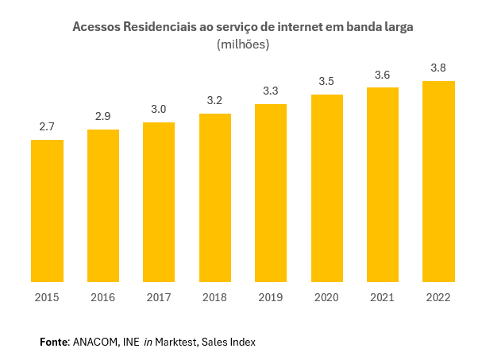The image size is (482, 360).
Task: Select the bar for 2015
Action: (x=47, y=211)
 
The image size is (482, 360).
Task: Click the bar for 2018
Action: (x=215, y=198)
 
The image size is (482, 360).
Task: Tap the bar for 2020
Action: (x=326, y=188)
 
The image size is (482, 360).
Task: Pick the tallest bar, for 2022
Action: (x=438, y=181)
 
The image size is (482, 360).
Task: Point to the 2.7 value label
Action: (x=47, y=127)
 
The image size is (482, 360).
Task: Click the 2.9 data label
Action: (x=103, y=116)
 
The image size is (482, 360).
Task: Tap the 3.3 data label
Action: (x=271, y=91)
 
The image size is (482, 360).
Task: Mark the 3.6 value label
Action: (x=383, y=75)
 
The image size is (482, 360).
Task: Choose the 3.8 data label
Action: (x=438, y=68)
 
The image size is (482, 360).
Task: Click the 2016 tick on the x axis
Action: (x=103, y=297)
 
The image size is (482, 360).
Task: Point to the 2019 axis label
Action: (x=271, y=297)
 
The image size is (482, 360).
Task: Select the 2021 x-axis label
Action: (x=383, y=297)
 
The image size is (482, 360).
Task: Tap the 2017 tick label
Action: (x=159, y=297)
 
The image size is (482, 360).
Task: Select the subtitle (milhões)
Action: (x=243, y=45)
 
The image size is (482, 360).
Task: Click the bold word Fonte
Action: (x=54, y=342)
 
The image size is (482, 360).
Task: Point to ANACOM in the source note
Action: (x=94, y=342)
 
